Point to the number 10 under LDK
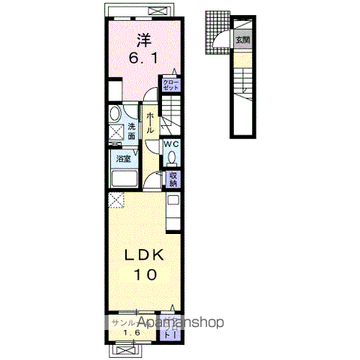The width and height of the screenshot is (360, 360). click(x=146, y=275)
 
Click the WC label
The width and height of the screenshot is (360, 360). click(x=170, y=144)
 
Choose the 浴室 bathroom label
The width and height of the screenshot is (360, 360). click(x=121, y=158)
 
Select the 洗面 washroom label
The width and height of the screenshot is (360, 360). click(x=131, y=132)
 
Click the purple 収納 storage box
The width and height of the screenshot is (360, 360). click(x=172, y=179)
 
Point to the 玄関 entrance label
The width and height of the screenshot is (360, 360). click(x=242, y=41)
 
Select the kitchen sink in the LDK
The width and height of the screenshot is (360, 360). click(x=173, y=201)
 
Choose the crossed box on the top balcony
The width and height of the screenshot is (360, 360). click(x=157, y=11)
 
